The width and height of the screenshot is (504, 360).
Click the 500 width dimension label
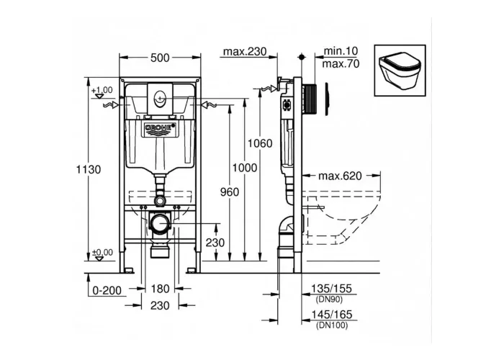coord(160,58)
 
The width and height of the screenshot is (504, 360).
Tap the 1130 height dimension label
coord(89,169)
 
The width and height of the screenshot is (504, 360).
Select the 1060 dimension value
coord(260,143)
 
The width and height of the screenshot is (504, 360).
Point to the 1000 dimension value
coord(245,168)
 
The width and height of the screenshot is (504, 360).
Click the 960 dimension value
coord(230,192)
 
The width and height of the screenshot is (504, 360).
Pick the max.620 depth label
coord(340,176)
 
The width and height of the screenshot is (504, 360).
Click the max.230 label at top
coord(245,51)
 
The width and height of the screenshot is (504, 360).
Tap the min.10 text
coord(341,51)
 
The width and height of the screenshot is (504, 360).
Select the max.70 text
coord(341,63)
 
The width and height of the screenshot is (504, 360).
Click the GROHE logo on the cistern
coord(161,128)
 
